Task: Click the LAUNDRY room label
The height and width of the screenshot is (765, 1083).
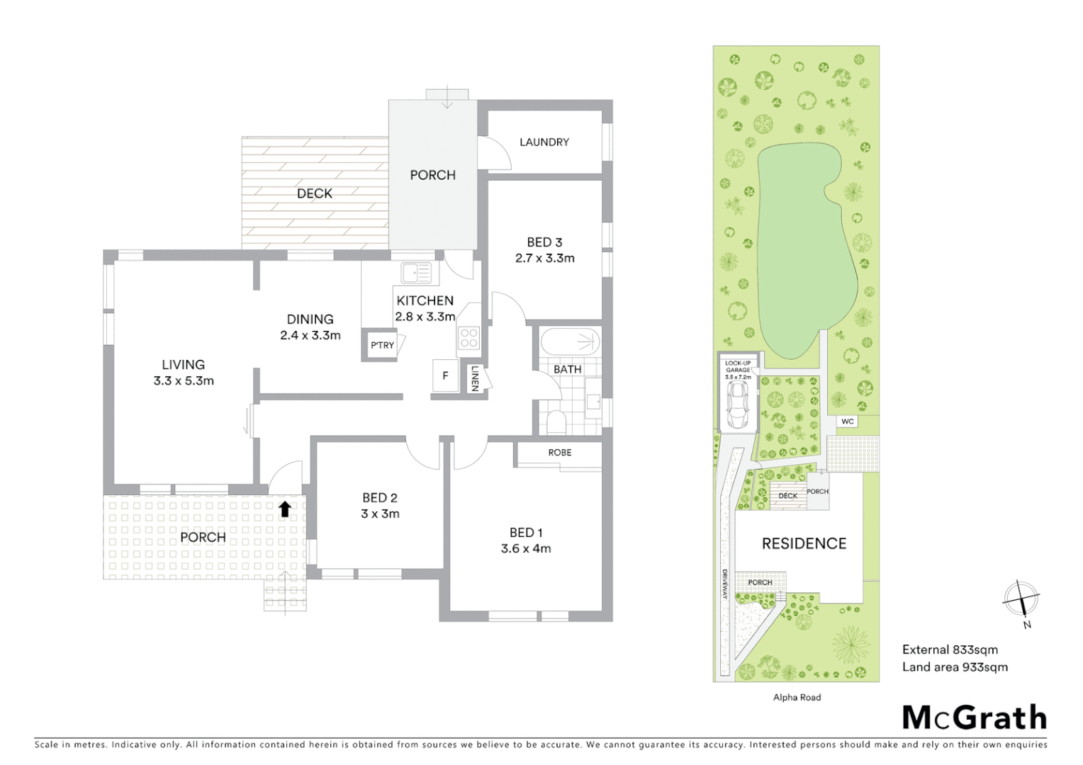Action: (544, 142)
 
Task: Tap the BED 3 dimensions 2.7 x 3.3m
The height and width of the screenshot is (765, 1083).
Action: (544, 259)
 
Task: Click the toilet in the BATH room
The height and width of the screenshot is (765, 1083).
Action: (556, 422)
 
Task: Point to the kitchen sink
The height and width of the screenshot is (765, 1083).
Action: (415, 273)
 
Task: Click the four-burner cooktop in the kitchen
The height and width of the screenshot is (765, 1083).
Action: (468, 338)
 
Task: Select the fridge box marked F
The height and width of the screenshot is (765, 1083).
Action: (445, 376)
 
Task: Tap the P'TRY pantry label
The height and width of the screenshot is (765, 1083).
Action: (382, 346)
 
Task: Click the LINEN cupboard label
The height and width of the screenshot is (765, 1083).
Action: (475, 378)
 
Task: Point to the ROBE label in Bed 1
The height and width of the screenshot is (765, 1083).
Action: (559, 453)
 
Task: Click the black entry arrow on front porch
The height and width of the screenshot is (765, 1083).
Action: (284, 509)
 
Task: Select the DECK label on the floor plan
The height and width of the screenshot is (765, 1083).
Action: (314, 193)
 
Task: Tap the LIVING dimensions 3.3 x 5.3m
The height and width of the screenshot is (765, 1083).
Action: (184, 381)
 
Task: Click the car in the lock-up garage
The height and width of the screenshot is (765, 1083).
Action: (737, 406)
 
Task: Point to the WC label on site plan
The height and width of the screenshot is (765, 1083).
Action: (847, 421)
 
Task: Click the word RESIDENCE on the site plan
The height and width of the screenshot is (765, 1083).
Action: (804, 543)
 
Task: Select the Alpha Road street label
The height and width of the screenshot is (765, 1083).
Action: (797, 698)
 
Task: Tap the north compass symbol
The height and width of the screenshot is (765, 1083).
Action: (1021, 599)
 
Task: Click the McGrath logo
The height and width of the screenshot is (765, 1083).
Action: (975, 718)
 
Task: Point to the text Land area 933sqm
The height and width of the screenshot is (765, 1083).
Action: (955, 667)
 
